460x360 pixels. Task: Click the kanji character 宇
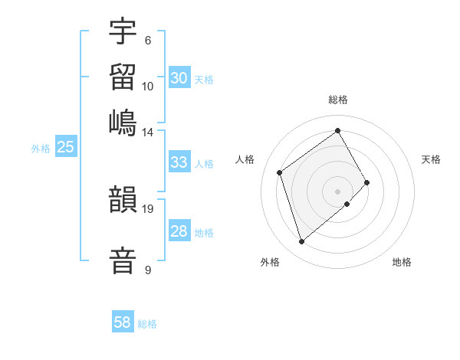click(123, 31)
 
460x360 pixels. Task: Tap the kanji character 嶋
click(123, 122)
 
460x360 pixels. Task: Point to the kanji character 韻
click(123, 199)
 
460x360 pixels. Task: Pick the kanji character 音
click(123, 260)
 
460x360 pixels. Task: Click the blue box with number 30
click(179, 78)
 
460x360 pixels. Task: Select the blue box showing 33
click(179, 162)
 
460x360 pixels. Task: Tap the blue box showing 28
click(179, 231)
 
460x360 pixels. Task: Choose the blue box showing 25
click(65, 147)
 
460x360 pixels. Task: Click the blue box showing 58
click(123, 322)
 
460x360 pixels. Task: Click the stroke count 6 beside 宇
click(147, 41)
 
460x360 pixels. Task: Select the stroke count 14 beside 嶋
click(147, 133)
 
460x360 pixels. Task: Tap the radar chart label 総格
click(338, 100)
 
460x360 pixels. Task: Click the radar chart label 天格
click(431, 159)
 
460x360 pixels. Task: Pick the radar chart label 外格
click(270, 263)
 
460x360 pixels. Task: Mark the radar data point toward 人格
click(280, 172)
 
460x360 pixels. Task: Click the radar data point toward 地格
click(347, 204)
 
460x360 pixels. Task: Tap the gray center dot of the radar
click(338, 191)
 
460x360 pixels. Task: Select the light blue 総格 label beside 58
click(147, 323)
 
